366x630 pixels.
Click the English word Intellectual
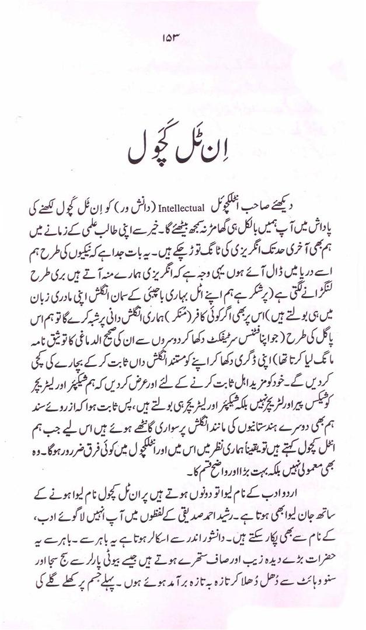coord(180,207)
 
